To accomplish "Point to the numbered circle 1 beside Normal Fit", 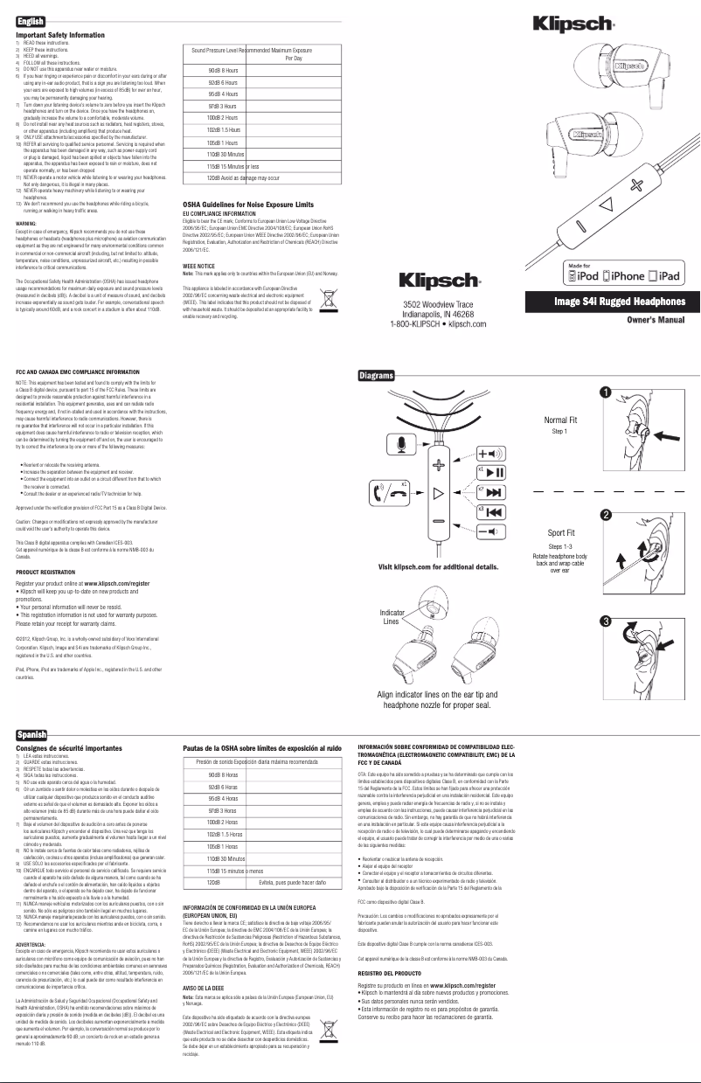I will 677,394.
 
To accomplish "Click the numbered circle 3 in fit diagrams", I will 677,621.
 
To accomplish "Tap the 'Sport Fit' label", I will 561,532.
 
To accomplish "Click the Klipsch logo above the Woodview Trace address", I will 436,281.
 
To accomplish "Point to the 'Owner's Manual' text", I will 655,322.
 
